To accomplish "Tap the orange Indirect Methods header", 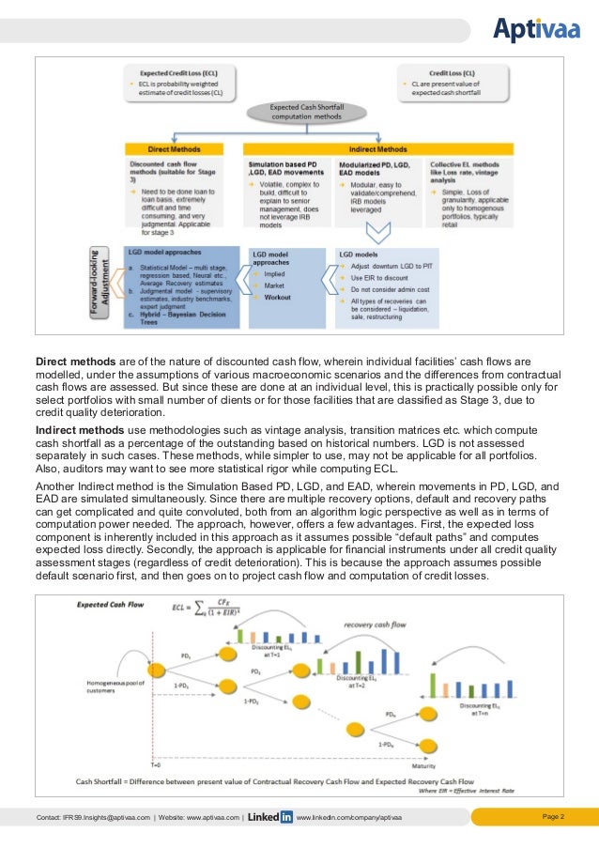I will (378, 148).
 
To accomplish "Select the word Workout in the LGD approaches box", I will (278, 298).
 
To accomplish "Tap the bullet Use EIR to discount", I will (378, 278).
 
